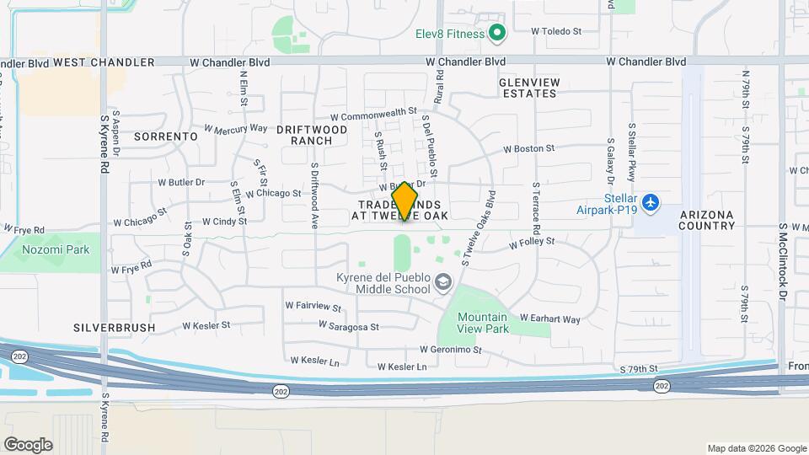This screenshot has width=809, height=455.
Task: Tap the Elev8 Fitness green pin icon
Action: (497, 34)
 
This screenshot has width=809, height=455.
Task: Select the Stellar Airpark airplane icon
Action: (650, 203)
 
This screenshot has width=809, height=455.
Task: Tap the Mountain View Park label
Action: (483, 323)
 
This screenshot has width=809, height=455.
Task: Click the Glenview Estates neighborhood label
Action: (528, 88)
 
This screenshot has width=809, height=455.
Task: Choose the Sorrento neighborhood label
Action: (165, 136)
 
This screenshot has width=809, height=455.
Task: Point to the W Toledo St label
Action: (556, 31)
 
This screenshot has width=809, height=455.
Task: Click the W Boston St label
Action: (529, 149)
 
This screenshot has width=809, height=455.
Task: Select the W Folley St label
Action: (531, 242)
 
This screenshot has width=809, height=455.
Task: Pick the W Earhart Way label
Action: (550, 319)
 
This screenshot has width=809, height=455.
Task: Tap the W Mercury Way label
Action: (235, 129)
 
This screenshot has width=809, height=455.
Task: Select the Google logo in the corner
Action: (28, 445)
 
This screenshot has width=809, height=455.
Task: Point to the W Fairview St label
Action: (313, 308)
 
